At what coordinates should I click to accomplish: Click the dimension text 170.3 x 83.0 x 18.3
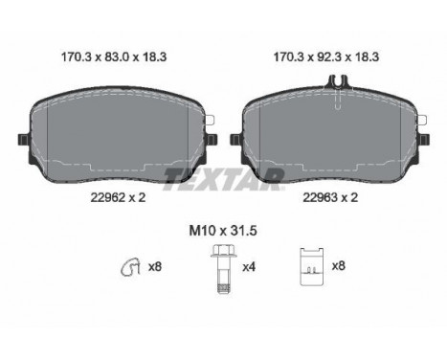(114, 57)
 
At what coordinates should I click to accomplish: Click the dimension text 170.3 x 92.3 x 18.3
(326, 57)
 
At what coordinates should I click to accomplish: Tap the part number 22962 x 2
(118, 197)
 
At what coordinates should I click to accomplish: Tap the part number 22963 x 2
(330, 197)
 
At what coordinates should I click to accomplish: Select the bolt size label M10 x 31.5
(223, 231)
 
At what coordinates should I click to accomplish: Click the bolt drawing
(223, 269)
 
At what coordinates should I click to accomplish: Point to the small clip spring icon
(130, 266)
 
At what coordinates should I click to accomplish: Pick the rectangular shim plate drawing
(312, 267)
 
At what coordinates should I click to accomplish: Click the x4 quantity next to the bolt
(249, 267)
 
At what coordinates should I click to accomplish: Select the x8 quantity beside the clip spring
(155, 266)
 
